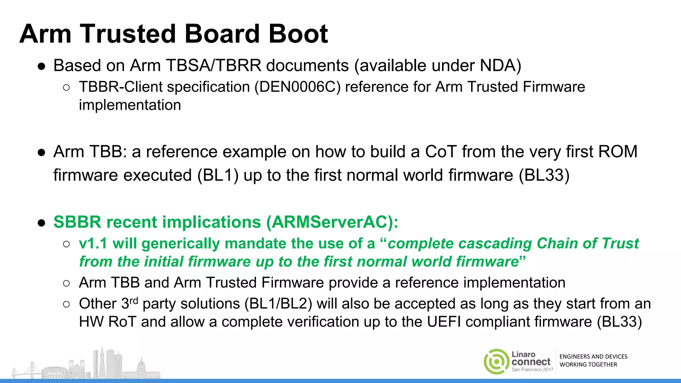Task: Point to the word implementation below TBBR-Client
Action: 130,105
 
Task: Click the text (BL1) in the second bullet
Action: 218,175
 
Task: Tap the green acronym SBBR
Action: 77,222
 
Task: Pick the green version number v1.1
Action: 93,244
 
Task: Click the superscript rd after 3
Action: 134,301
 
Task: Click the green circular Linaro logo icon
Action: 496,362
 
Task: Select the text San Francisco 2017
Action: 532,370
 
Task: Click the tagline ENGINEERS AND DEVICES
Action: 593,357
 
